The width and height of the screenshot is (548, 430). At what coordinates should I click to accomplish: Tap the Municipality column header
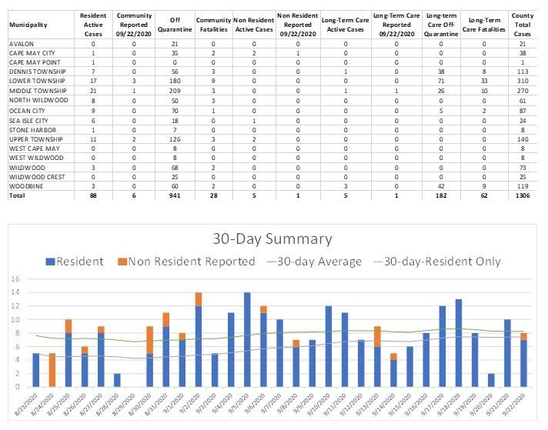(29, 25)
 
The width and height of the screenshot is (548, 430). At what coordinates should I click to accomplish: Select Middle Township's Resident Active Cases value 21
(93, 88)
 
